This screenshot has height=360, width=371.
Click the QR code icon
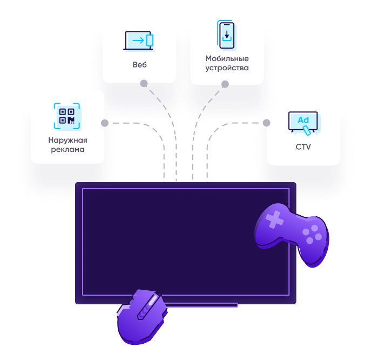coord(67,116)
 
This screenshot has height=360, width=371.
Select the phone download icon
coord(227,36)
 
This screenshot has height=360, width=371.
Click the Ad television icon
coord(303,123)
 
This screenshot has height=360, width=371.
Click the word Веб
coord(139,65)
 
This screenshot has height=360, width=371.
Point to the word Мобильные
coord(227,58)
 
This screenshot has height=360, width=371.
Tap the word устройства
coord(227,68)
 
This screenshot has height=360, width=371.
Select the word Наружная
coord(68,140)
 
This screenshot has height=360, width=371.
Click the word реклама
coord(68,149)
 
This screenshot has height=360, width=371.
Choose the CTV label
coord(303,146)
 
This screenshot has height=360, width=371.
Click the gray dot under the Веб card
coord(144,83)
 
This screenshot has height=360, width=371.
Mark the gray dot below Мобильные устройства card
coord(225,84)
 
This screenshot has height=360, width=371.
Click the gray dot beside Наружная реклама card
coord(105,123)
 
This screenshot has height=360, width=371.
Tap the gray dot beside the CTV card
coord(266,123)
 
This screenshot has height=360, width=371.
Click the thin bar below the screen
coord(200,305)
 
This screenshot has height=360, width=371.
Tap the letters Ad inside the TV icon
coord(303,119)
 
